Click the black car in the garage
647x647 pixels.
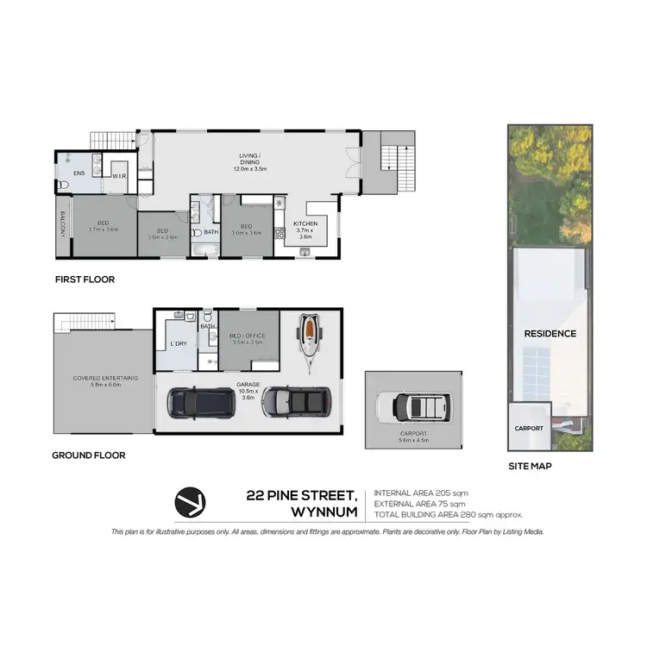pos(194,401)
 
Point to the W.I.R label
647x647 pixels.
pos(119,176)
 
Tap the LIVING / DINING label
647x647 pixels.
pos(250,160)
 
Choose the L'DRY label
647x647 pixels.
pos(179,343)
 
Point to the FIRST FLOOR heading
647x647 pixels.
pos(85,280)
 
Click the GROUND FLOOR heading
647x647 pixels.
pos(89,455)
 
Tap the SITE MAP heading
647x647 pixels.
pos(530,466)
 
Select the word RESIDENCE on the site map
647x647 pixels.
pos(550,333)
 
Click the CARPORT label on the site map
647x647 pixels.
pos(529,428)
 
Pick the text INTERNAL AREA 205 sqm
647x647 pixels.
pos(420,493)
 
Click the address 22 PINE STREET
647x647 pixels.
pos(301,494)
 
